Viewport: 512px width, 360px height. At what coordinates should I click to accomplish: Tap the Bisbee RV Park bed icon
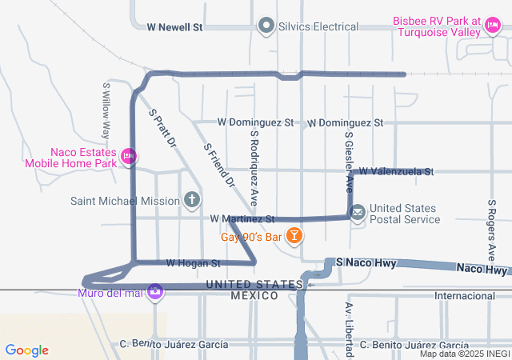pos(493,30)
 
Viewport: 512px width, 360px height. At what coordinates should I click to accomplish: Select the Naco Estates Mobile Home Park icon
pos(128,158)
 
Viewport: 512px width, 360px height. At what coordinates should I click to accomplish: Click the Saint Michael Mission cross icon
pos(191,200)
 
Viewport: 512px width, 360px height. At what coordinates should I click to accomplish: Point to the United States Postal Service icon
pos(358,213)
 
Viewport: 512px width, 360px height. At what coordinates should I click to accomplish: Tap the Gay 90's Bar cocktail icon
pos(295,236)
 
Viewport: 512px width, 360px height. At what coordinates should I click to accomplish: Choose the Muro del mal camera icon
pos(155,292)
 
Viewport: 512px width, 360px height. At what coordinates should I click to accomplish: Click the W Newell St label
pos(175,27)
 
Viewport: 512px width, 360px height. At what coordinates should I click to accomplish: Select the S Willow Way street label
pos(106,110)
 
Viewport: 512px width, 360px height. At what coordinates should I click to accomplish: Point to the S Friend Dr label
pos(219,166)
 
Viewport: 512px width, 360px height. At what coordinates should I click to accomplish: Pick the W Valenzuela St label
pos(395,171)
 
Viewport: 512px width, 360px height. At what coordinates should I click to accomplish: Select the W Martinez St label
pos(242,218)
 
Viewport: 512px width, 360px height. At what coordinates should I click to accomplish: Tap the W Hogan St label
pos(193,262)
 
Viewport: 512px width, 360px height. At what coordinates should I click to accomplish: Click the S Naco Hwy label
pos(366,262)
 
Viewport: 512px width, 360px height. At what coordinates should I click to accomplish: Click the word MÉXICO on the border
pos(254,296)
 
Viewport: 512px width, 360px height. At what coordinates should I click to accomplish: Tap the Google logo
pos(27,350)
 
